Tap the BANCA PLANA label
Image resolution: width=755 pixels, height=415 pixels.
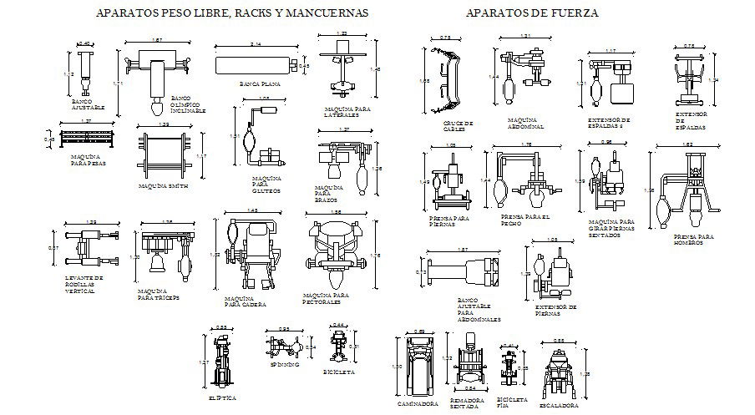tap(259, 84)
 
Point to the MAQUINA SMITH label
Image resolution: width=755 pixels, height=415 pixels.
tap(163, 185)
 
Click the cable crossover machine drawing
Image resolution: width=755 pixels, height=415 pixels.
tap(451, 79)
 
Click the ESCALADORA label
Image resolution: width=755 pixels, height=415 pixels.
tap(558, 405)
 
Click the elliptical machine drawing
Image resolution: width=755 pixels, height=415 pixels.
tap(222, 360)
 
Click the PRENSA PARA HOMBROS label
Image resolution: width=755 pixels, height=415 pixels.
tap(694, 240)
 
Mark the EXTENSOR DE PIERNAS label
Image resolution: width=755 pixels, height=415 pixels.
tap(555, 311)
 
